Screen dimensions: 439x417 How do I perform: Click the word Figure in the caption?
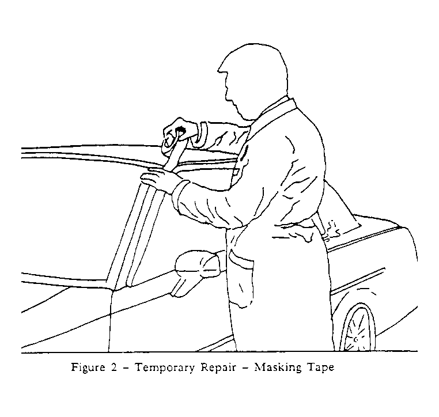(88, 367)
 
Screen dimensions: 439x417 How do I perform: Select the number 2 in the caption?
(113, 367)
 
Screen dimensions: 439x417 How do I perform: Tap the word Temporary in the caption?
(165, 367)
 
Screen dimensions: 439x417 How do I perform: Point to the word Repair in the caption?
(218, 367)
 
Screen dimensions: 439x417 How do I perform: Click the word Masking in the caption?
(278, 367)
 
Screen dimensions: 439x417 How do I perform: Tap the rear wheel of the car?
(358, 329)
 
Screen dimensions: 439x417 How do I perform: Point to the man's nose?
(221, 69)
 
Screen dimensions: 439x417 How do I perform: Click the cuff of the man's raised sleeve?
(201, 135)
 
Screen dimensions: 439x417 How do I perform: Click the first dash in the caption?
(126, 367)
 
